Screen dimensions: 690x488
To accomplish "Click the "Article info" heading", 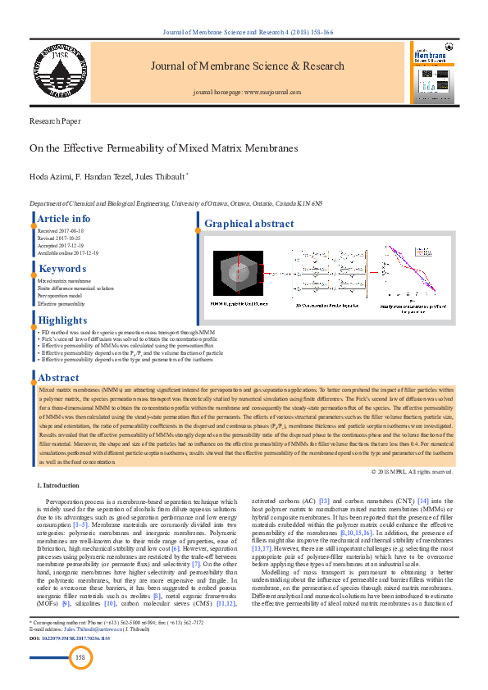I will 64,219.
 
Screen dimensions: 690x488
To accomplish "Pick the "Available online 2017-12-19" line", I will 68,253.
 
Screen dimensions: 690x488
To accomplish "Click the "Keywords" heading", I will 62,269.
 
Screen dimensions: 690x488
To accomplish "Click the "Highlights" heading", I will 62,320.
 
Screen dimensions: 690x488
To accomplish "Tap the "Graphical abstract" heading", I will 249,224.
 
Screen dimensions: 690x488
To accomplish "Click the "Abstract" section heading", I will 58,378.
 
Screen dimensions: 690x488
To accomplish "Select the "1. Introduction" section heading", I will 58,486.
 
